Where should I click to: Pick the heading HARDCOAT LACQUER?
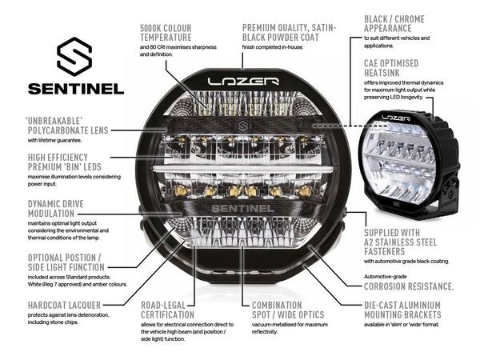pyautogui.click(x=54, y=305)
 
